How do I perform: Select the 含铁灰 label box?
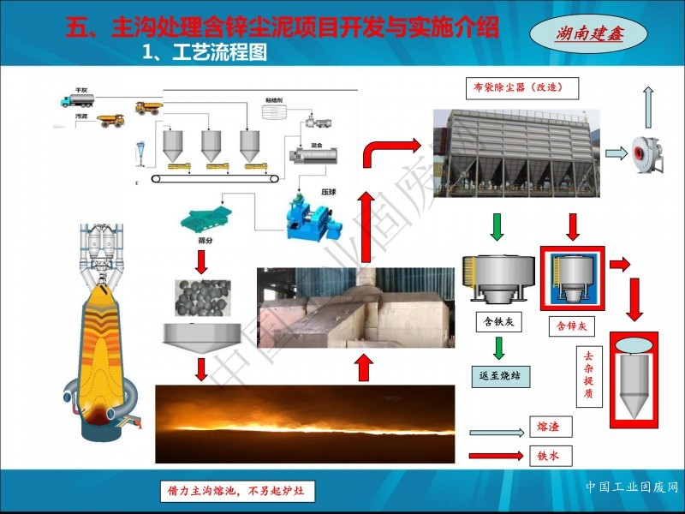pyautogui.click(x=497, y=323)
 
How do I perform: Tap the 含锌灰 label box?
pyautogui.click(x=571, y=326)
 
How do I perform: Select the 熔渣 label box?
pyautogui.click(x=548, y=425)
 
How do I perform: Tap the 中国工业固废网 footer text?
pyautogui.click(x=632, y=487)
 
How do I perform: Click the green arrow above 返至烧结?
pyautogui.click(x=497, y=347)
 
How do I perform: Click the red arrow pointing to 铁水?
pyautogui.click(x=497, y=456)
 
